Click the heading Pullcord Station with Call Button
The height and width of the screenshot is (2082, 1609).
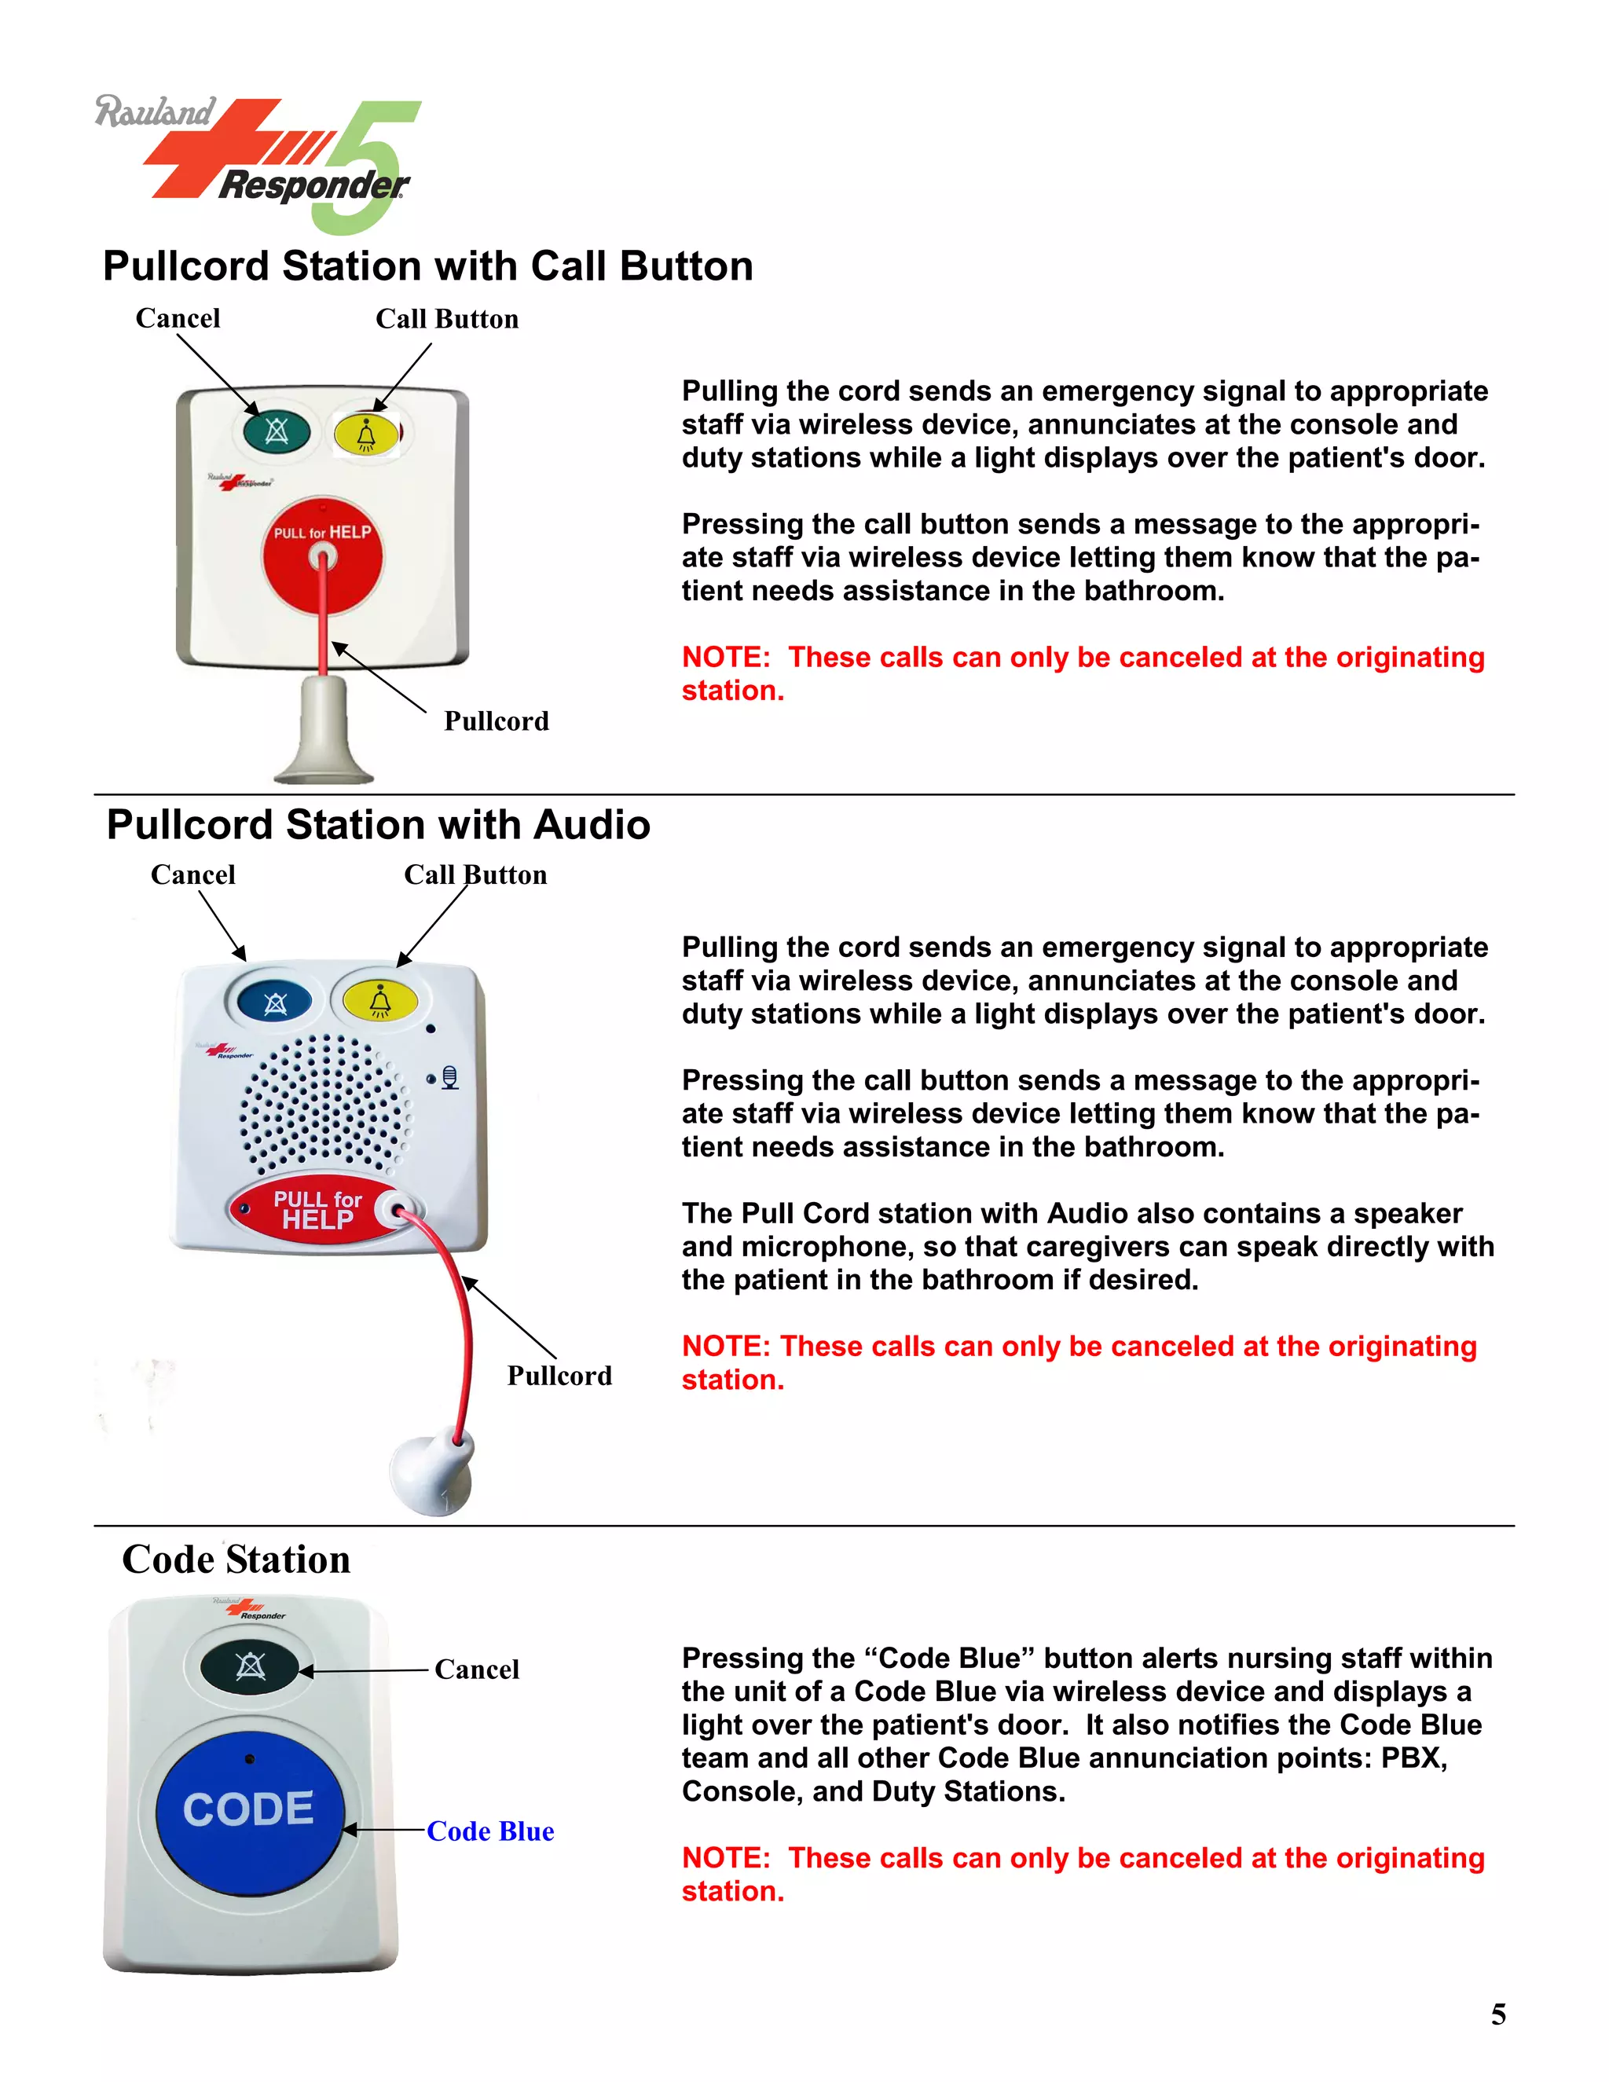click(428, 266)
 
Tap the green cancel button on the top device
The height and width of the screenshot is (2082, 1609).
click(277, 432)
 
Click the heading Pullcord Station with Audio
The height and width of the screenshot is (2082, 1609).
click(379, 825)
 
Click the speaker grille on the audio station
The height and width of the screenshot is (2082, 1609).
click(324, 1104)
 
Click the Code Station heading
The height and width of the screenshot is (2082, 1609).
click(236, 1560)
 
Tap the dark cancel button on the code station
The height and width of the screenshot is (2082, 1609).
click(251, 1667)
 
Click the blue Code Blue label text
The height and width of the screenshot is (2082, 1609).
click(490, 1831)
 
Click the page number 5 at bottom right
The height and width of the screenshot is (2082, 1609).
click(1498, 2014)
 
